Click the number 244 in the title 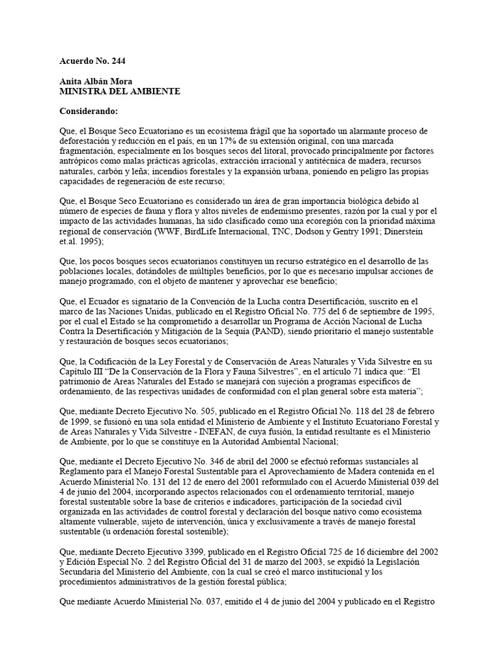pos(118,62)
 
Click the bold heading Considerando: pos(88,111)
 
